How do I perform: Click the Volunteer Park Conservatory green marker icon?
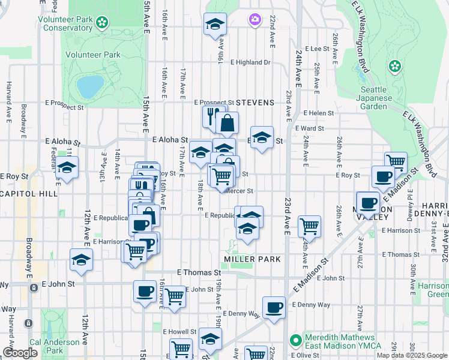102,22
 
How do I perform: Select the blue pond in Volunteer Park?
89,86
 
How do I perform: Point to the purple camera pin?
255,20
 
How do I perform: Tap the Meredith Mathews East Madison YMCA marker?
295,340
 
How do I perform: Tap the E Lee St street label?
317,49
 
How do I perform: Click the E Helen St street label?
318,113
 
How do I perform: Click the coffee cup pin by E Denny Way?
274,307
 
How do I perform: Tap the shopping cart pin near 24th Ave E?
309,226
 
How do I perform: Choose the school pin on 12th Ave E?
81,260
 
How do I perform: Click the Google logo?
20,353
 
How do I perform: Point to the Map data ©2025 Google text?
412,355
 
